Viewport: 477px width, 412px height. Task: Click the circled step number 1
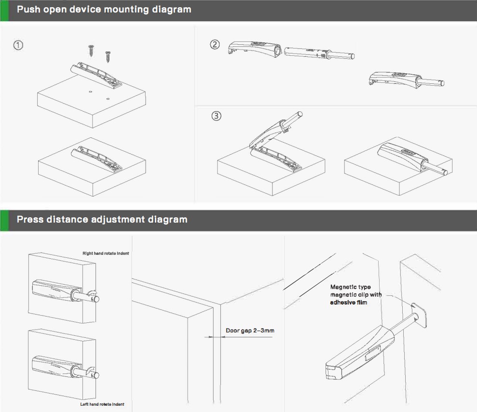coord(18,45)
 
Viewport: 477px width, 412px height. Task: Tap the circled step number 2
coord(215,45)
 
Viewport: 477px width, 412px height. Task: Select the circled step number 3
coord(217,116)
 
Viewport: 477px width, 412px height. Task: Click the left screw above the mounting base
coord(90,51)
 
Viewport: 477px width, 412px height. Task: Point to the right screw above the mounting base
coord(108,57)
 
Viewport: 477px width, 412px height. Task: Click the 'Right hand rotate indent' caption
coord(106,253)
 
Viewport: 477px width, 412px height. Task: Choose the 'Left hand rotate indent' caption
coord(102,404)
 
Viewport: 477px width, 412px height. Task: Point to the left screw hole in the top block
coord(90,91)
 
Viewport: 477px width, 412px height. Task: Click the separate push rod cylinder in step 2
coord(319,53)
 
